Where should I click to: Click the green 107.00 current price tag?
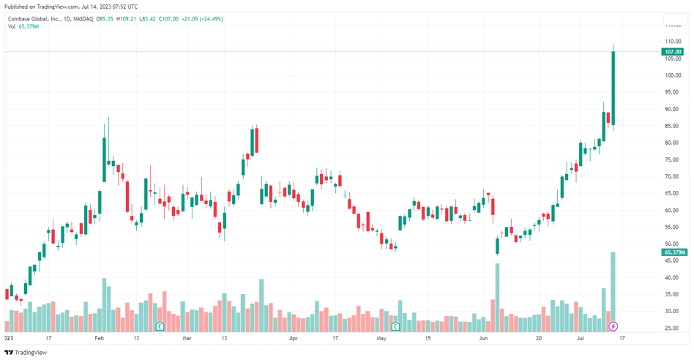pyautogui.click(x=672, y=52)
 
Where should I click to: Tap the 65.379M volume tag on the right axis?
pyautogui.click(x=674, y=252)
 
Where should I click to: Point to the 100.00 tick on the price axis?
pyautogui.click(x=673, y=75)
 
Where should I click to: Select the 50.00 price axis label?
pyautogui.click(x=672, y=244)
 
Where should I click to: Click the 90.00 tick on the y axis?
pyautogui.click(x=672, y=109)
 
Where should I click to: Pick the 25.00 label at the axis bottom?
pyautogui.click(x=672, y=329)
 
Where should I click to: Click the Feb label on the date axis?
pyautogui.click(x=100, y=339)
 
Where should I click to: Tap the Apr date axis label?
pyautogui.click(x=294, y=339)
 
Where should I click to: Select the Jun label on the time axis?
pyautogui.click(x=483, y=339)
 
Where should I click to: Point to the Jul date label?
pyautogui.click(x=581, y=339)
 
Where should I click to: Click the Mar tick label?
pyautogui.click(x=187, y=339)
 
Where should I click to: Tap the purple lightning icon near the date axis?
pyautogui.click(x=613, y=326)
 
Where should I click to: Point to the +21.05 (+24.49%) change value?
pyautogui.click(x=202, y=19)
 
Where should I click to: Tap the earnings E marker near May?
pyautogui.click(x=395, y=326)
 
